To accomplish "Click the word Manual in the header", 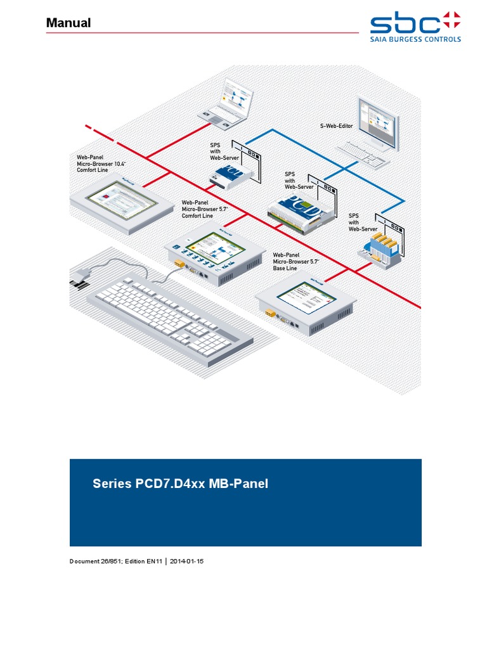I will pyautogui.click(x=68, y=23).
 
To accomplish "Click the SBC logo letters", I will pyautogui.click(x=405, y=23).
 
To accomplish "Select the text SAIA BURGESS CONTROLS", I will pyautogui.click(x=415, y=39).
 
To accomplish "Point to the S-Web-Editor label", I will pyautogui.click(x=336, y=126).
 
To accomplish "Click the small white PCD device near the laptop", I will pyautogui.click(x=231, y=174).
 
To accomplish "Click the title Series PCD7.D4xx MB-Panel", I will pyautogui.click(x=181, y=484).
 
